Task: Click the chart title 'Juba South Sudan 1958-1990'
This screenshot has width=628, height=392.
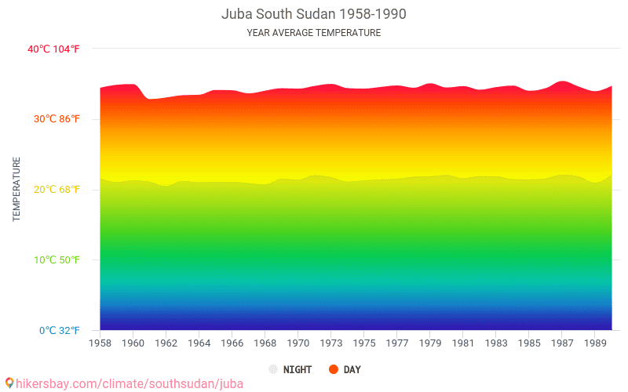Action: coord(314,14)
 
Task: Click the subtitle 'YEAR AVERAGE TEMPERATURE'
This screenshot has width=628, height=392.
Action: coord(314,33)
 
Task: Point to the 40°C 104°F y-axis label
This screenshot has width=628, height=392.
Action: coord(53,49)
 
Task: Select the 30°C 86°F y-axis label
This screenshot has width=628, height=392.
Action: coord(53,119)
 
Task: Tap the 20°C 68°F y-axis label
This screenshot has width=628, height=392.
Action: coord(53,190)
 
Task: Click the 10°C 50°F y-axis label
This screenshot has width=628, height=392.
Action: coord(53,260)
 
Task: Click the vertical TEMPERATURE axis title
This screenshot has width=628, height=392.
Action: coord(16,189)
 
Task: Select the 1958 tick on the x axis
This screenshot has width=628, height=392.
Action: coord(100,343)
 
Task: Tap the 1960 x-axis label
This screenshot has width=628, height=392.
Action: coord(133,343)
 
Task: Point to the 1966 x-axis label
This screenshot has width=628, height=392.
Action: coord(232,343)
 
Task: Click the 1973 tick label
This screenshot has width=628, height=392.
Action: coord(330,343)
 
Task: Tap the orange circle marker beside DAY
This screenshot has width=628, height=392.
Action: coord(333,369)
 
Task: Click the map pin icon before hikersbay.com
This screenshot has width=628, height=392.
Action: coord(9,383)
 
